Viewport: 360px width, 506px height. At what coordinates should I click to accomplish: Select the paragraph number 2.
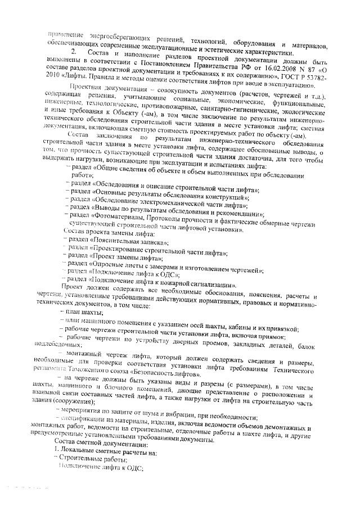tap(74, 53)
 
